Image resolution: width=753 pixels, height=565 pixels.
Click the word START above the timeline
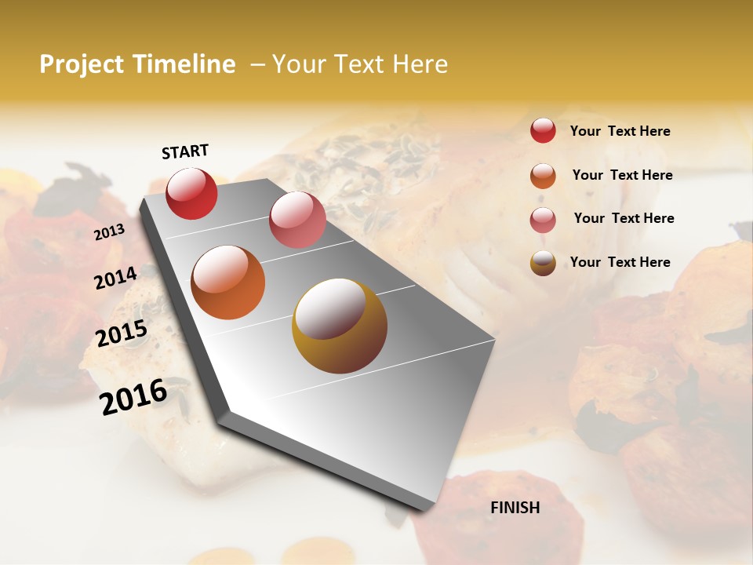tap(185, 151)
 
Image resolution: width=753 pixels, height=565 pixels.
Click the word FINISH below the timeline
tap(515, 508)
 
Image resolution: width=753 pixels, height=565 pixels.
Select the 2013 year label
tap(109, 232)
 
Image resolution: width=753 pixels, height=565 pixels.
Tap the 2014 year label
tap(115, 278)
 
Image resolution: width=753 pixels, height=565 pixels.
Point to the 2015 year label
tap(121, 334)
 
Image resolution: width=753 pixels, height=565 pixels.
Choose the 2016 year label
tap(133, 396)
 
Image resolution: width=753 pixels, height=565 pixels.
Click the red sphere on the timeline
tap(191, 193)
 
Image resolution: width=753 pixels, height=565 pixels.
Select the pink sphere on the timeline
tap(297, 220)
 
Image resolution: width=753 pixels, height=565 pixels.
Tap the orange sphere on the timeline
tap(227, 282)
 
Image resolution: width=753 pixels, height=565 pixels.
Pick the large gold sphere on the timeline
tap(340, 326)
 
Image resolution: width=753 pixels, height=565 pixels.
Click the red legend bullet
tap(543, 130)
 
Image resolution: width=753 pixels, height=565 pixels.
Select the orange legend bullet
tap(543, 176)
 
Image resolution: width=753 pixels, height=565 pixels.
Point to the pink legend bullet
tap(543, 220)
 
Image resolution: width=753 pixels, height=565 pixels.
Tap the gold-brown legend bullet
tap(543, 263)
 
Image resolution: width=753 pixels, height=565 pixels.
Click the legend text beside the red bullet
tap(620, 132)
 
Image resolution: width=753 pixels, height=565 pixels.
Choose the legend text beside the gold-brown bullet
tap(620, 262)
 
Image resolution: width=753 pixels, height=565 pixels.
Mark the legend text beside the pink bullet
tap(624, 218)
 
